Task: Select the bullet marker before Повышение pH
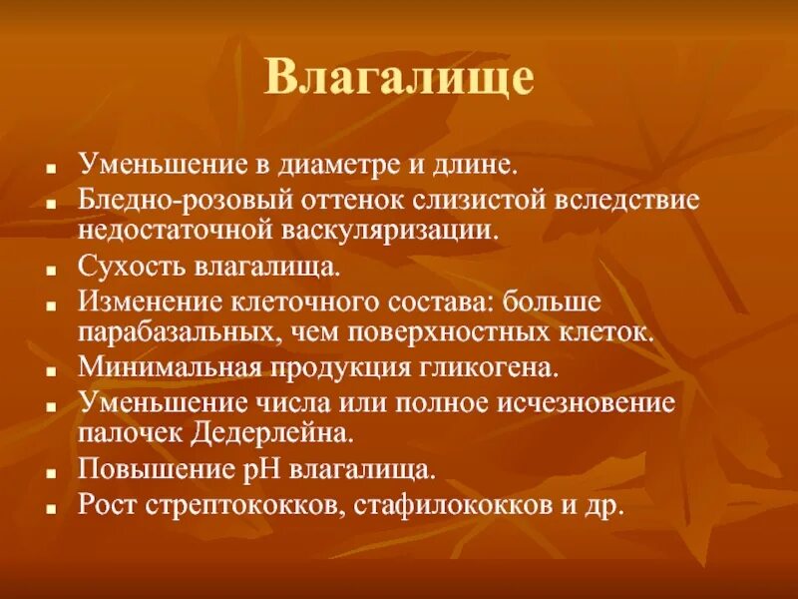[x=49, y=471]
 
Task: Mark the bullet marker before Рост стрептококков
[x=49, y=506]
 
